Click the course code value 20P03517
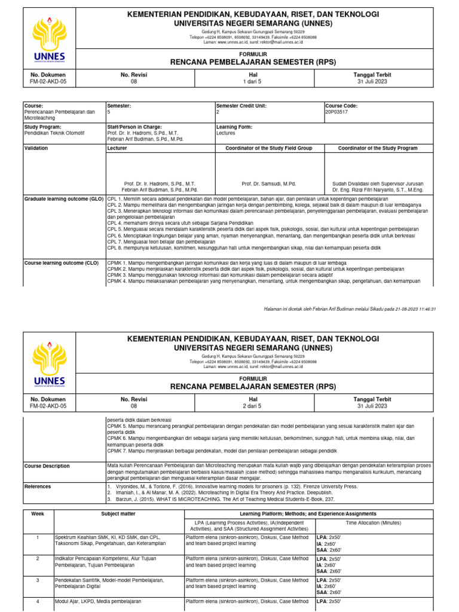point(336,112)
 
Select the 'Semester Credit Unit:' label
point(241,106)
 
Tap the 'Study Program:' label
point(42,127)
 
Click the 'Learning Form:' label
point(235,127)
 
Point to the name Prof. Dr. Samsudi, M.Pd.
point(269,184)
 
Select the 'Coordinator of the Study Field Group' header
point(270,148)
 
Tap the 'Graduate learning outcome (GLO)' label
point(64,198)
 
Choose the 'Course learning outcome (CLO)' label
point(61,262)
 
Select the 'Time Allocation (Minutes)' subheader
point(375,522)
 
